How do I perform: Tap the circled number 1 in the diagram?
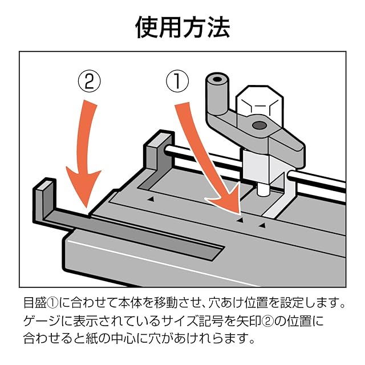(177, 82)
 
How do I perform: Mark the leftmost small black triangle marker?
(151, 199)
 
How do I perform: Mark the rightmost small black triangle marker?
(262, 226)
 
